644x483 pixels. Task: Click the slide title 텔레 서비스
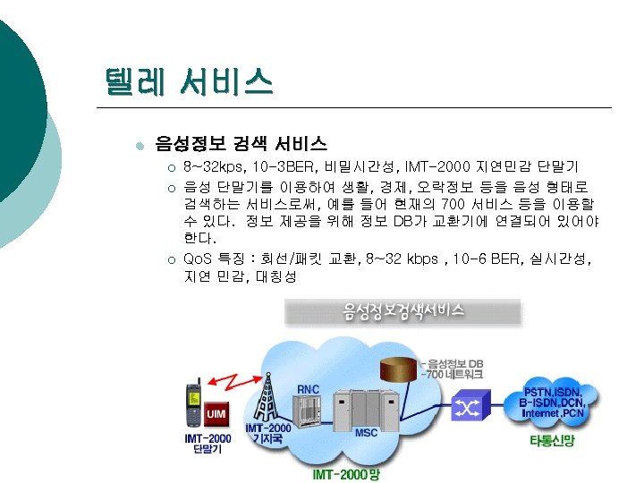point(188,85)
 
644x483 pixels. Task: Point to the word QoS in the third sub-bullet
point(198,258)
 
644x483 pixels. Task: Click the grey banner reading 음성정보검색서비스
point(403,311)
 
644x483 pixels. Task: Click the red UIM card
point(216,414)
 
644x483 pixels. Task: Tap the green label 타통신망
point(551,442)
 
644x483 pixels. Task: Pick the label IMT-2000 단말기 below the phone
point(207,444)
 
